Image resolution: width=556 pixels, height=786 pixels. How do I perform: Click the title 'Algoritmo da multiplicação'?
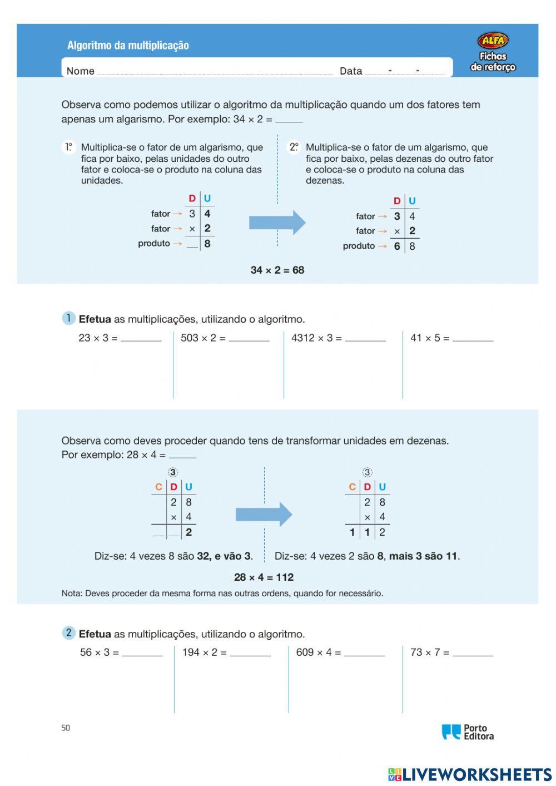[128, 46]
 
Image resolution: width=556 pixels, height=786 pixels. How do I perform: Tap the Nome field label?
[80, 71]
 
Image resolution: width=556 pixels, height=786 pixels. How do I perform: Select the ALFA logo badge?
[493, 40]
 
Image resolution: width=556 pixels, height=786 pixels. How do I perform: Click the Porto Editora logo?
[468, 732]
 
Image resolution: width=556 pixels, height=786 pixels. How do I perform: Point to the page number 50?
[66, 728]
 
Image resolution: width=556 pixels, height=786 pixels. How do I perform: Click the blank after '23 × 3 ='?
[141, 339]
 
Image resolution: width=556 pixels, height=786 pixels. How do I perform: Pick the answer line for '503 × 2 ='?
[249, 339]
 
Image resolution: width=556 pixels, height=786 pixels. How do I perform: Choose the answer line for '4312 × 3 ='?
[365, 339]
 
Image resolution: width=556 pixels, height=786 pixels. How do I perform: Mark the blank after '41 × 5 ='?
[473, 339]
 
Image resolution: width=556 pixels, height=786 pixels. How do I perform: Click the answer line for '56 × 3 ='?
[142, 654]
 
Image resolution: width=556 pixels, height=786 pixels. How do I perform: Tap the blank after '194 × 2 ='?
[250, 654]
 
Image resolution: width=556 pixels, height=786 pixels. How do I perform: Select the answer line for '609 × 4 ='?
[364, 654]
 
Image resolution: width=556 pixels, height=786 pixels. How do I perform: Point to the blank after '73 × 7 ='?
[473, 654]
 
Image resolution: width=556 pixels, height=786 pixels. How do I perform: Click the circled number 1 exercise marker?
[68, 318]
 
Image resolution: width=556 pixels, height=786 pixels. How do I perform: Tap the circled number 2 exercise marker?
[68, 633]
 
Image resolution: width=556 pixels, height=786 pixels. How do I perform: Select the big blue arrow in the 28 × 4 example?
[264, 515]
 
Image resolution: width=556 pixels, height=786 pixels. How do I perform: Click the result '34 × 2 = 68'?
[277, 270]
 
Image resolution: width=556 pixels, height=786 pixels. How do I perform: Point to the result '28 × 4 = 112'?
[264, 577]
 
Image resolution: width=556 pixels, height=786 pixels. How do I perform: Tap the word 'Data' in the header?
[351, 71]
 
